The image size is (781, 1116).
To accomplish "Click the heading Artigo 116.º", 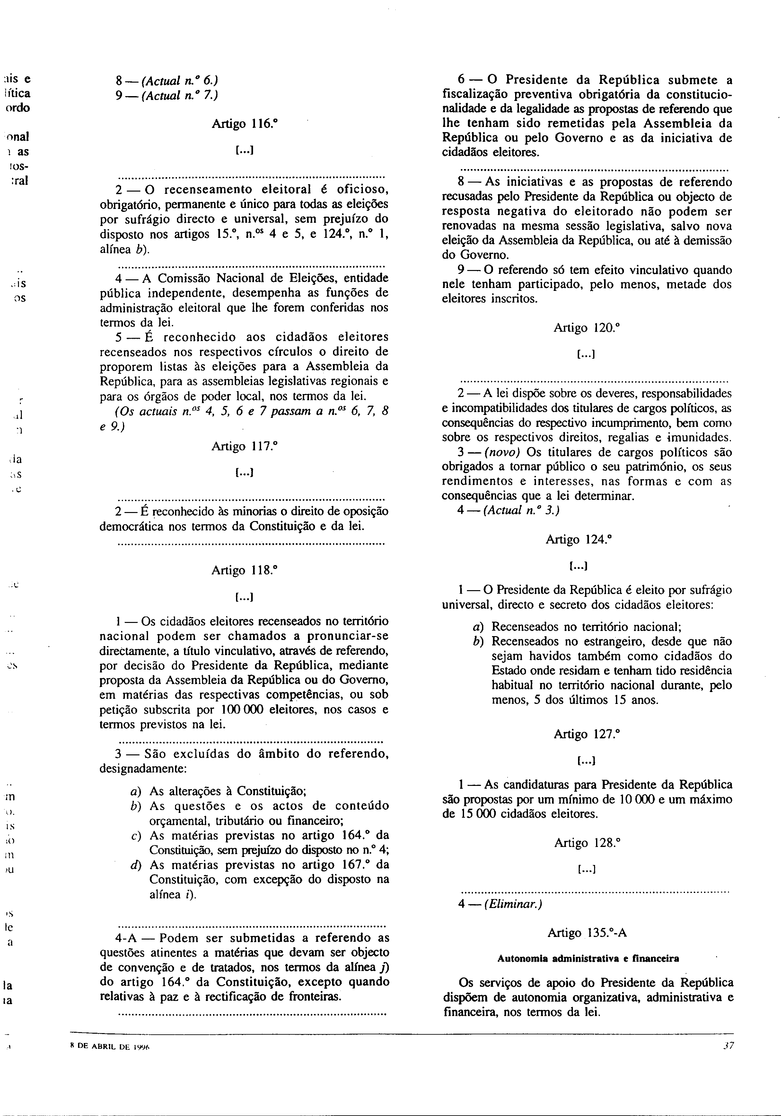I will point(244,124).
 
